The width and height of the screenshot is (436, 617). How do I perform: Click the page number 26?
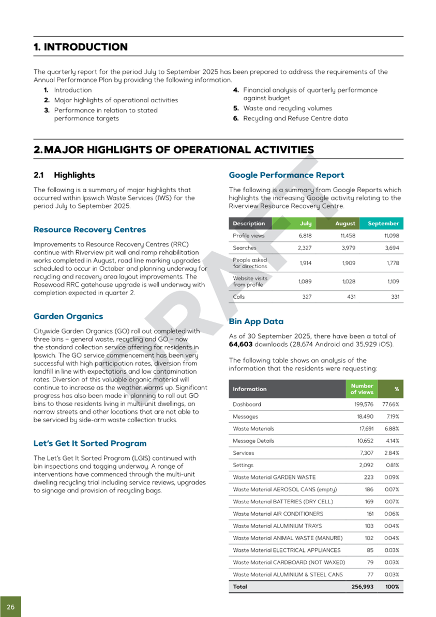coord(10,606)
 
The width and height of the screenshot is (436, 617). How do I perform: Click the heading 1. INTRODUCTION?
coord(80,47)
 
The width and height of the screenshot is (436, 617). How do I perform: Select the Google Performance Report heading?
coord(286,175)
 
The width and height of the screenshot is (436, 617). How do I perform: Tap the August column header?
coord(345,223)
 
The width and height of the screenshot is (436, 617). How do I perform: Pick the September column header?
coord(383,223)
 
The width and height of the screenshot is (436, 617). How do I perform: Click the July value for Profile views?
coord(305,236)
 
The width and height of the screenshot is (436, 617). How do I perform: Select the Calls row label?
coord(239,297)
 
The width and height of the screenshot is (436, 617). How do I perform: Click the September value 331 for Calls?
coord(393,297)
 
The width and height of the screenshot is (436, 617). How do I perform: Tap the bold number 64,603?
coord(242,344)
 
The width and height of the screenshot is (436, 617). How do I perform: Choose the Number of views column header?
coord(362,389)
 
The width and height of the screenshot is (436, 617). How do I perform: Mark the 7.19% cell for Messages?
coord(392,417)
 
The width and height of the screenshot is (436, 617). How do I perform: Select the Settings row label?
coord(243,465)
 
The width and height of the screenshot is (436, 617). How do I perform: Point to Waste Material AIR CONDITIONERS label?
coord(278,514)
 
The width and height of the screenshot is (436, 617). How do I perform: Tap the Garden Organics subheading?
coord(68,316)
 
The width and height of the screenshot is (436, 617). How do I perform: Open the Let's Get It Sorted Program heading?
coord(89,443)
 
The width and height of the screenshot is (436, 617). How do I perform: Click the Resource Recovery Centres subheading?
coord(89,229)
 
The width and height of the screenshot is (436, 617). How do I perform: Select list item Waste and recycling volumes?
coord(287,109)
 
